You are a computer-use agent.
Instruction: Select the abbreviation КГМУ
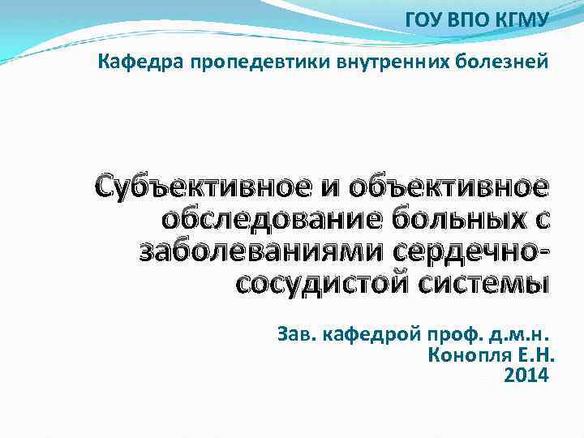point(521,19)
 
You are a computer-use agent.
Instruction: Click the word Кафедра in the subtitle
point(142,61)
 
